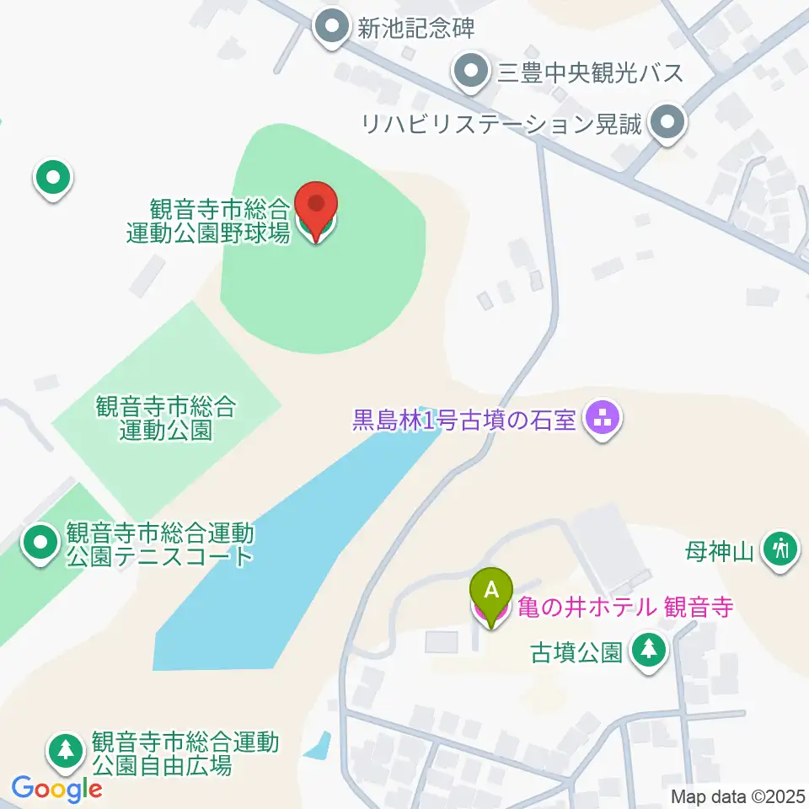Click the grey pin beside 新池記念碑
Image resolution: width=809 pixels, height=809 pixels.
tap(332, 28)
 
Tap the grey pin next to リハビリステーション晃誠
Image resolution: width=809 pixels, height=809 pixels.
tap(668, 124)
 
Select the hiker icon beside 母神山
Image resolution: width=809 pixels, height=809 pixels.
tap(780, 550)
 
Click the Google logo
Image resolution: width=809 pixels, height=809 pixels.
tap(56, 790)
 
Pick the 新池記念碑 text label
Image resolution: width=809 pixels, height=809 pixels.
tap(416, 29)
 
